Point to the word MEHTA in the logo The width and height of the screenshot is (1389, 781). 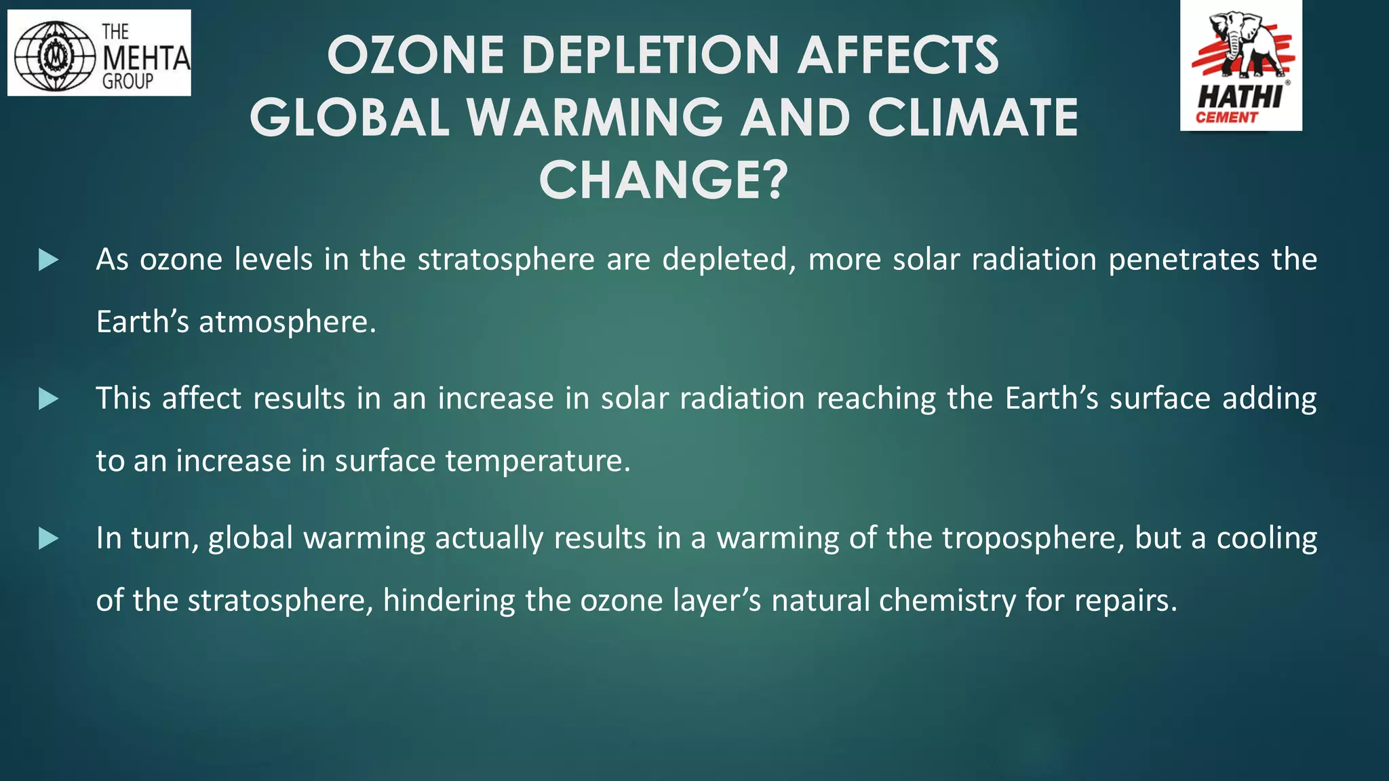pyautogui.click(x=146, y=58)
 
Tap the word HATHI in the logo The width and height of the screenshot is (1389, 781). pyautogui.click(x=1239, y=97)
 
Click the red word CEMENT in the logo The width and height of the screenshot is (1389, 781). pyautogui.click(x=1226, y=118)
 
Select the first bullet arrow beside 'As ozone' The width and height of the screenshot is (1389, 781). pyautogui.click(x=48, y=260)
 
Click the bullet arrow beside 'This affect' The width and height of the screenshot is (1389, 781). pyautogui.click(x=48, y=399)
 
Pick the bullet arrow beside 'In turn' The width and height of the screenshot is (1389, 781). pyautogui.click(x=48, y=539)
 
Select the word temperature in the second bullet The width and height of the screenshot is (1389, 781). pyautogui.click(x=538, y=461)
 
